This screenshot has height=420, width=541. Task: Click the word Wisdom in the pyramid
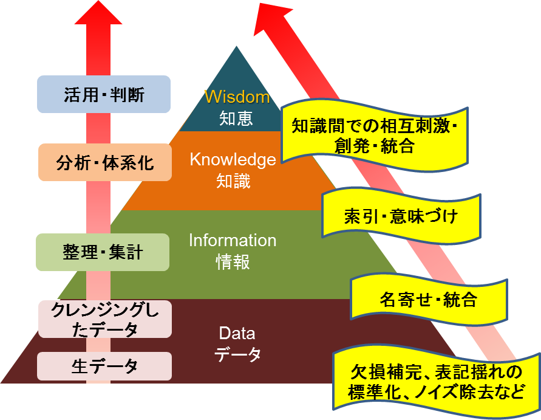click(x=237, y=97)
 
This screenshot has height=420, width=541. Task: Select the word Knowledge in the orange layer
click(x=233, y=160)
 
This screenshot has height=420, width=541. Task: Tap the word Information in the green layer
click(x=233, y=241)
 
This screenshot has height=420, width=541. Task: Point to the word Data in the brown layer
click(x=237, y=333)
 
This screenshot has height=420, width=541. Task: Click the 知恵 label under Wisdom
click(x=236, y=118)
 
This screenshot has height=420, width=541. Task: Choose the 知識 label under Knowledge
click(x=233, y=181)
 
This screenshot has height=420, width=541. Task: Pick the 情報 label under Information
click(x=233, y=262)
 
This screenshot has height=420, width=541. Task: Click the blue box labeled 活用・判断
click(x=104, y=94)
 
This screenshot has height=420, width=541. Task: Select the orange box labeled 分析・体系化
click(x=105, y=162)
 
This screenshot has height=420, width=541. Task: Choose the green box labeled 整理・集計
click(x=103, y=252)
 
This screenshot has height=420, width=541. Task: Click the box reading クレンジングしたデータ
click(x=105, y=319)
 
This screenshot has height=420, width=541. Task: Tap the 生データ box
click(x=104, y=366)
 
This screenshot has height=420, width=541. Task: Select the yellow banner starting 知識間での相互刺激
click(x=375, y=136)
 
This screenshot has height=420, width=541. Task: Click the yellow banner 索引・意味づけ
click(x=401, y=216)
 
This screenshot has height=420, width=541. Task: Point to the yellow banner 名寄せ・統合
click(x=429, y=300)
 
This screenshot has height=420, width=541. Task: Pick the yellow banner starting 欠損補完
click(x=437, y=382)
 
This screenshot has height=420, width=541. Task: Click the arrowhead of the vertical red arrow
click(x=98, y=13)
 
